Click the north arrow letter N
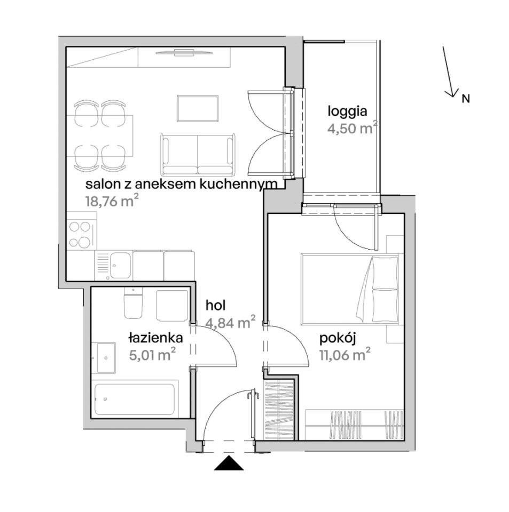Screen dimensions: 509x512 tap(466, 99)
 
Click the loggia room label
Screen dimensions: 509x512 tap(348, 112)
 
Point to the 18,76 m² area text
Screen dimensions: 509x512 tap(110, 201)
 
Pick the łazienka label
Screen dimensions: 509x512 tap(155, 338)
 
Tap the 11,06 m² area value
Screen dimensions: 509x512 tap(345, 355)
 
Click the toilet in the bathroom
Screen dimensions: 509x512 tap(133, 303)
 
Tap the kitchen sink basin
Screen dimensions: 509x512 tap(120, 265)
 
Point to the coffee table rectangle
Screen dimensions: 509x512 tap(198, 109)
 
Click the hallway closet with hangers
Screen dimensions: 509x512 tap(280, 410)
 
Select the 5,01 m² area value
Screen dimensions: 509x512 tap(153, 355)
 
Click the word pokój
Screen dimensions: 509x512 tap(337, 339)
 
